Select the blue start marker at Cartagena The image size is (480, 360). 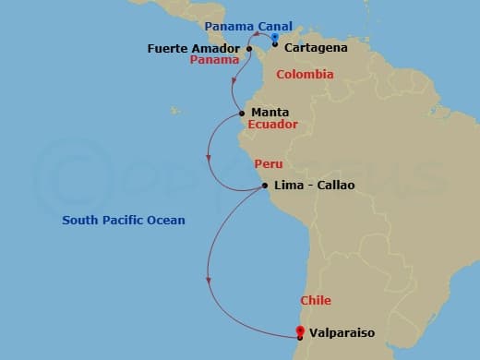pyautogui.click(x=275, y=38)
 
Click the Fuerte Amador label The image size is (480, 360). pyautogui.click(x=195, y=47)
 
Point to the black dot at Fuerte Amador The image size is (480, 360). pyautogui.click(x=249, y=48)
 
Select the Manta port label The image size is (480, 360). pyautogui.click(x=269, y=113)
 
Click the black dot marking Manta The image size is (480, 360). pyautogui.click(x=242, y=114)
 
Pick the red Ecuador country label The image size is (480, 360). pyautogui.click(x=272, y=125)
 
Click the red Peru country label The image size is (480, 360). pyautogui.click(x=267, y=163)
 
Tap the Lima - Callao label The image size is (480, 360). pyautogui.click(x=314, y=186)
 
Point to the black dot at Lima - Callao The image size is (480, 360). pyautogui.click(x=266, y=186)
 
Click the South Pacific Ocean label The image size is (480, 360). pyautogui.click(x=124, y=221)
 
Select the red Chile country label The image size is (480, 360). pyautogui.click(x=316, y=301)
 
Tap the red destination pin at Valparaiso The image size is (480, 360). pyautogui.click(x=298, y=330)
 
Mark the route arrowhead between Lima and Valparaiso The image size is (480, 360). pyautogui.click(x=210, y=280)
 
